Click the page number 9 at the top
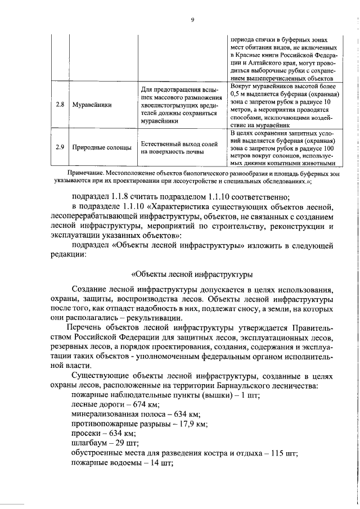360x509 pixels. (192, 20)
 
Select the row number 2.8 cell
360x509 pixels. (60, 105)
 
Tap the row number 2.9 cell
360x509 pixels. (60, 147)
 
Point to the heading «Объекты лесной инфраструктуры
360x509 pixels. (191, 275)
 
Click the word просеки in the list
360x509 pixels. (87, 434)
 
